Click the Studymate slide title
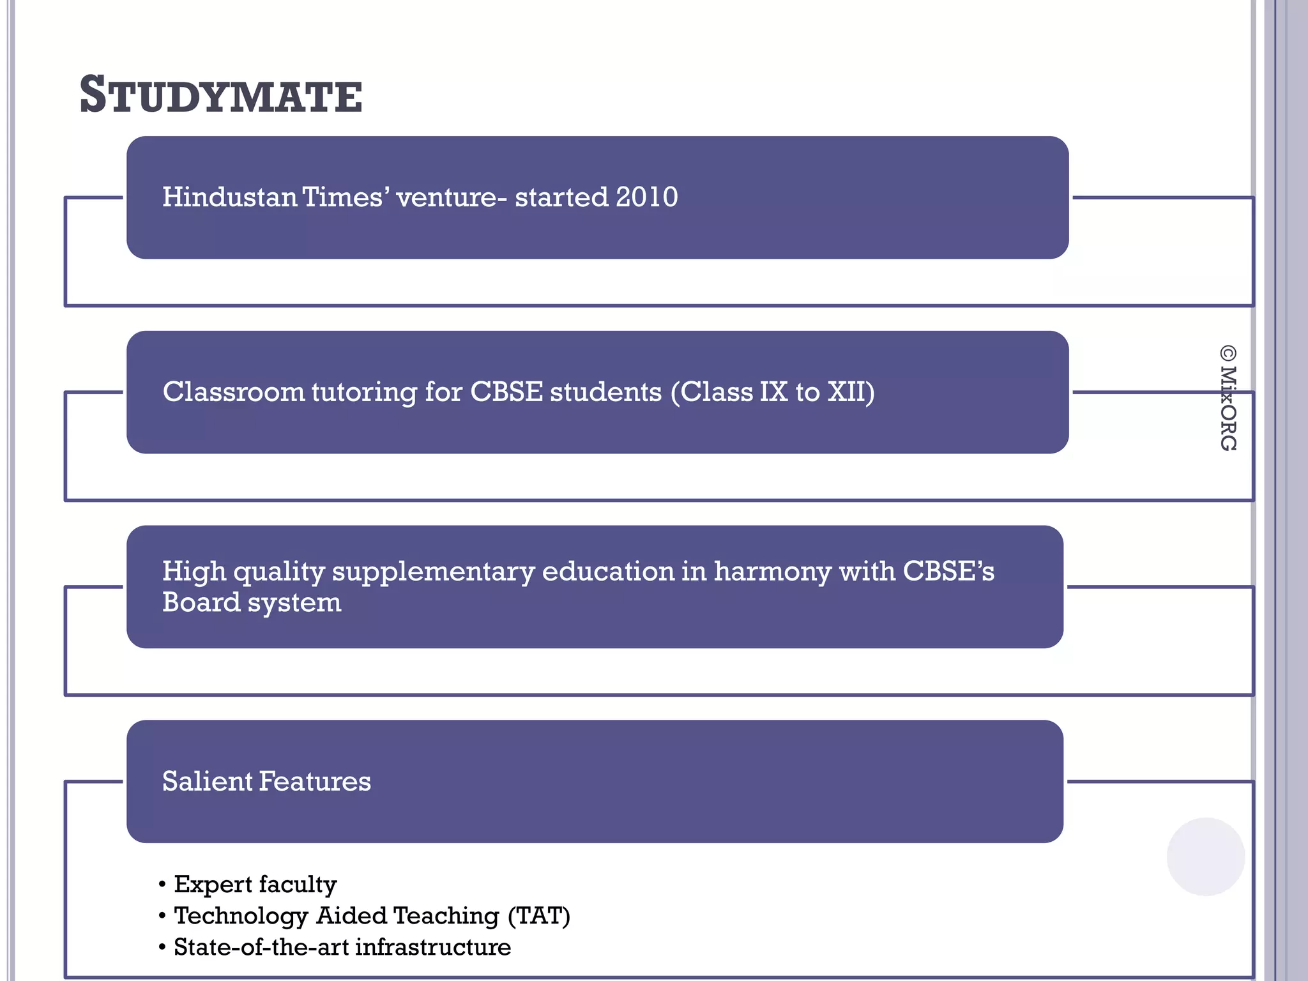[x=220, y=96]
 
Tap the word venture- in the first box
[x=452, y=197]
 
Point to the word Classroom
[x=234, y=392]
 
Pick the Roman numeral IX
[x=773, y=392]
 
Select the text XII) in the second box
[x=851, y=392]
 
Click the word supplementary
[x=433, y=572]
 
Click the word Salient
[x=207, y=781]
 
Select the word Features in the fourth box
[x=315, y=781]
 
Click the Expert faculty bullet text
[x=255, y=885]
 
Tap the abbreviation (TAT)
[x=538, y=916]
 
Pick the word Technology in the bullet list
[x=241, y=916]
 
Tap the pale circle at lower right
[x=1205, y=856]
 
